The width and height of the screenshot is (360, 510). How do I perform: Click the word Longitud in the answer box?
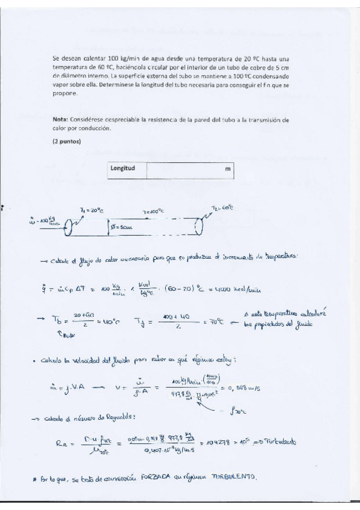[x=122, y=169]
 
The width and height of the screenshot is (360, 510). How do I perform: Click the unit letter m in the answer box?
[x=228, y=170]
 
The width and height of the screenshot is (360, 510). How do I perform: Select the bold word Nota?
[x=60, y=120]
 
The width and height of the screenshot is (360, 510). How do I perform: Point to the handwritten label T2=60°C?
[x=222, y=207]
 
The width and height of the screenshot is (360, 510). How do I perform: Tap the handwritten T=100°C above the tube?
[x=153, y=212]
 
